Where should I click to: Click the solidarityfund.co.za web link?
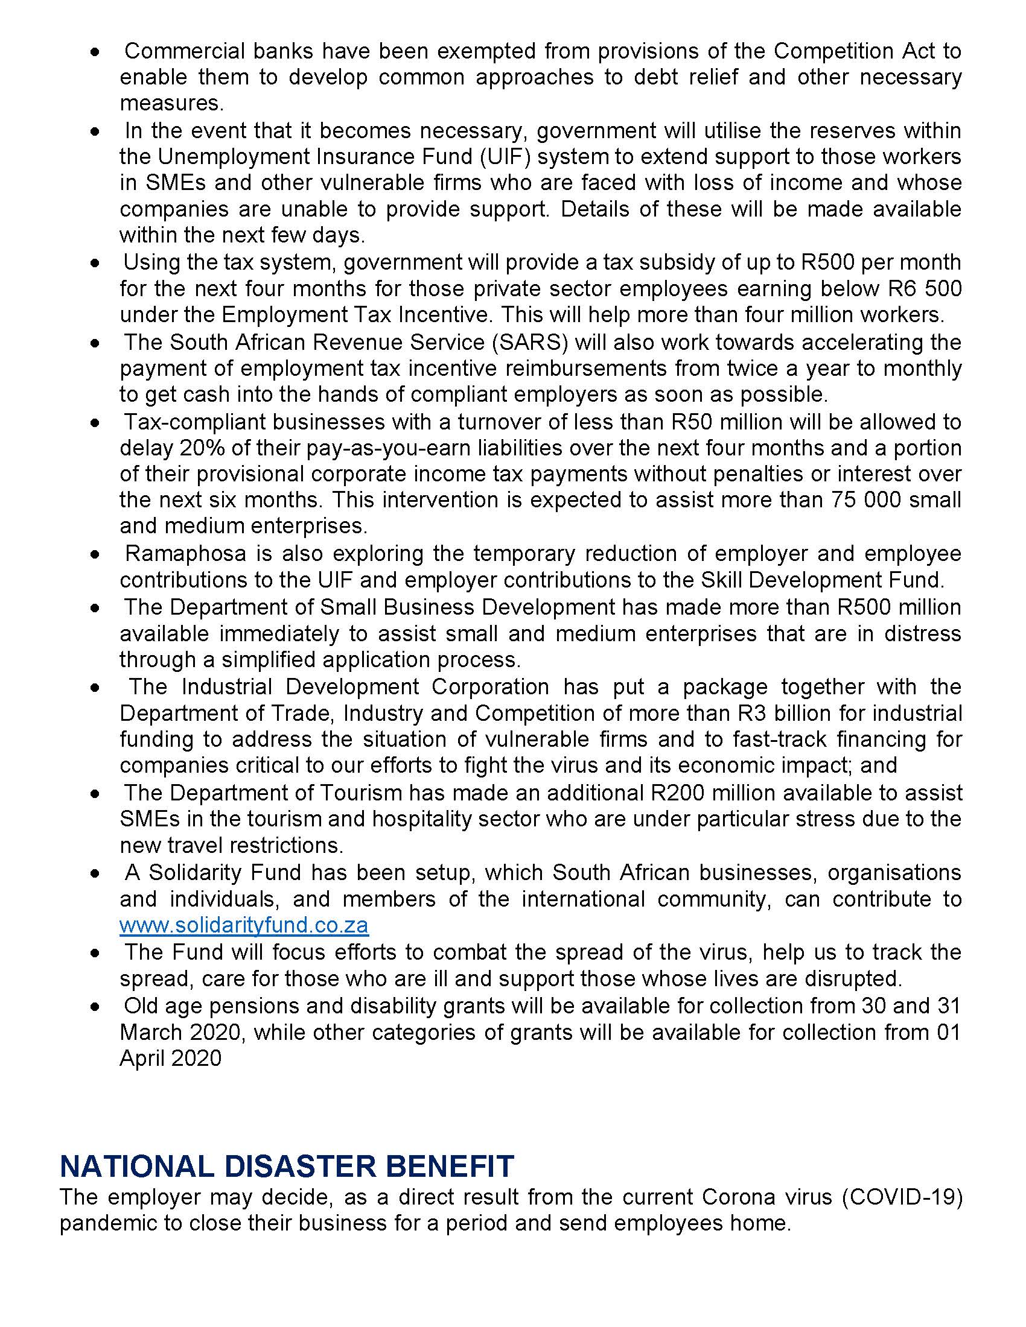(244, 925)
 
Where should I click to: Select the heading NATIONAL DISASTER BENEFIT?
(287, 1167)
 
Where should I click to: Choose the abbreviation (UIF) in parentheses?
(499, 157)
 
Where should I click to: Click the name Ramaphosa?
(185, 554)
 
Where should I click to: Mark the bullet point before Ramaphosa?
(94, 555)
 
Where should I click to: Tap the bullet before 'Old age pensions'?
(94, 1007)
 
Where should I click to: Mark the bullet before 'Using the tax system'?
(94, 264)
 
